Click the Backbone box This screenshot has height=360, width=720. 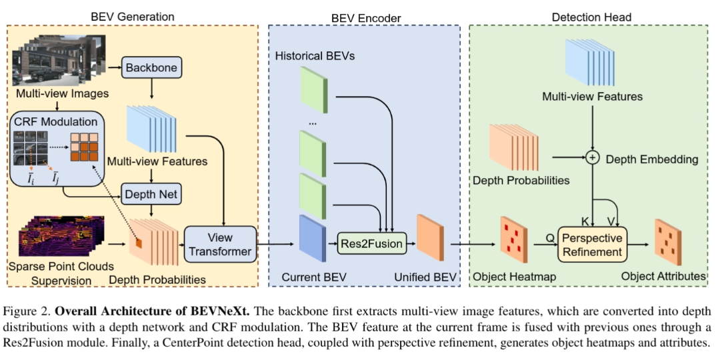click(x=151, y=68)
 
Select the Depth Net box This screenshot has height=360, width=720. click(x=151, y=194)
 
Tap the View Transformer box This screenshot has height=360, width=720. click(x=220, y=244)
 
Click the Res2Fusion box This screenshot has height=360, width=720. click(x=372, y=243)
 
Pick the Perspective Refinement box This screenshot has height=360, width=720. click(x=592, y=245)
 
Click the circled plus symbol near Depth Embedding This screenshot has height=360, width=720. click(x=593, y=157)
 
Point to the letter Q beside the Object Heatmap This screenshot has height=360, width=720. click(x=549, y=238)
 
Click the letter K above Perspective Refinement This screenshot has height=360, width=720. click(x=585, y=221)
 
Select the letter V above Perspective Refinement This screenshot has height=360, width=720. click(x=611, y=221)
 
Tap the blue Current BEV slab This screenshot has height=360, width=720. click(x=312, y=239)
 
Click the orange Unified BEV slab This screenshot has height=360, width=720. click(x=430, y=238)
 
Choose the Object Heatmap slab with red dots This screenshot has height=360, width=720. click(x=514, y=239)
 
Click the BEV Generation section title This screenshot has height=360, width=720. click(x=133, y=17)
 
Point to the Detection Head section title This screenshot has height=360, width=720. click(x=591, y=17)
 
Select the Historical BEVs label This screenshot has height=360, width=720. click(x=315, y=56)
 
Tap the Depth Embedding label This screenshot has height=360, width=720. click(x=652, y=159)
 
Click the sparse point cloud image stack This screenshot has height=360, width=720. click(x=62, y=235)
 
